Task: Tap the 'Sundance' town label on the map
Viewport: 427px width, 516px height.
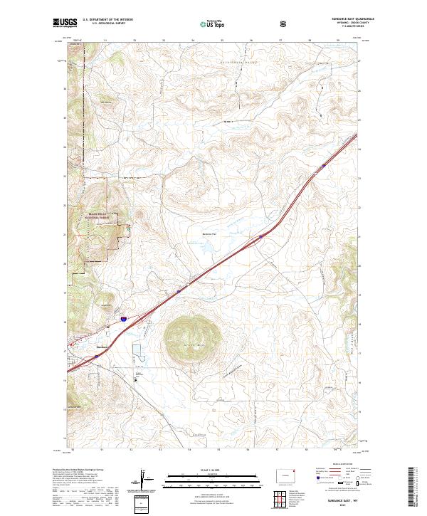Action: click(101, 347)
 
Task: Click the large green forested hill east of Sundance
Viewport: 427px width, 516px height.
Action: click(189, 334)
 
